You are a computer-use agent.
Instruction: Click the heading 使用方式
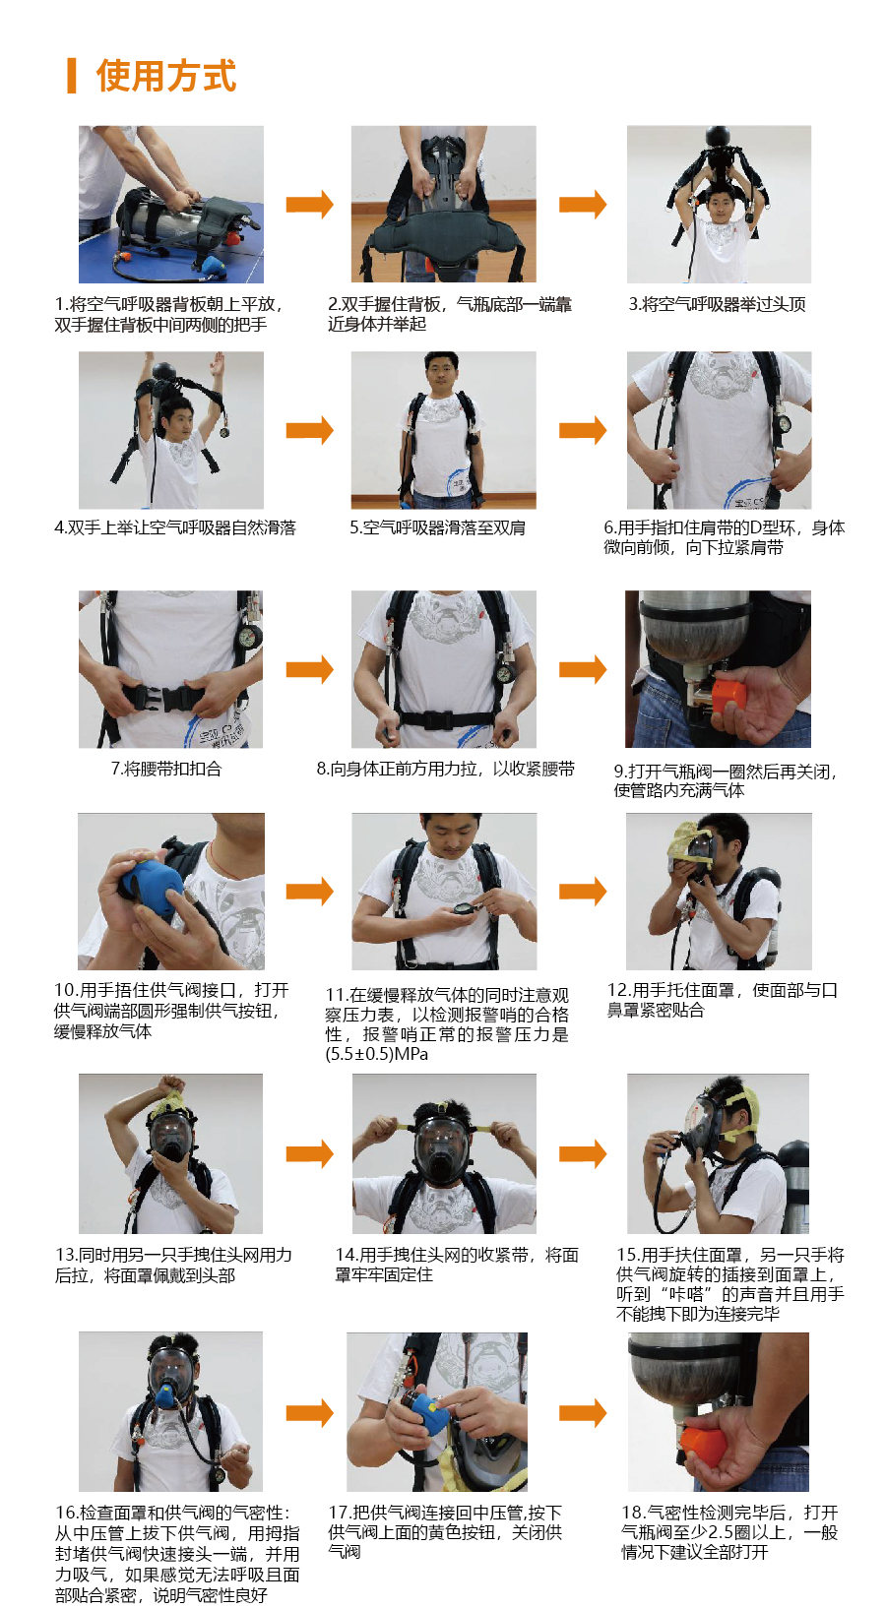pos(166,76)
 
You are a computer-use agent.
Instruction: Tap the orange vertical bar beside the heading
pos(71,76)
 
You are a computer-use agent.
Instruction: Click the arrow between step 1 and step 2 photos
pos(310,204)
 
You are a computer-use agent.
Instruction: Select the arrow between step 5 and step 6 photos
pos(583,430)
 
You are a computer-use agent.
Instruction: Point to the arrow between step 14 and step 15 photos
pos(583,1153)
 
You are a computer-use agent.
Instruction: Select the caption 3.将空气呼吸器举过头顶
pos(717,304)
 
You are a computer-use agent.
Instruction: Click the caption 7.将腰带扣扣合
pos(166,769)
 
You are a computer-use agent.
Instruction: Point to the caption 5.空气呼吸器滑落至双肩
pos(438,527)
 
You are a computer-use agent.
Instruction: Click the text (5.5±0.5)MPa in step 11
pos(376,1055)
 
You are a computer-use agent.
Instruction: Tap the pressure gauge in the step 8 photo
pos(506,675)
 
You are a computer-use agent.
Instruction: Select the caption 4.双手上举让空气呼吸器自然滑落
pos(175,527)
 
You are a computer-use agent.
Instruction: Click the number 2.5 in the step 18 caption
pos(720,1532)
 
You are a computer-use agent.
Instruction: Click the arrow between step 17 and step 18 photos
pos(583,1413)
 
